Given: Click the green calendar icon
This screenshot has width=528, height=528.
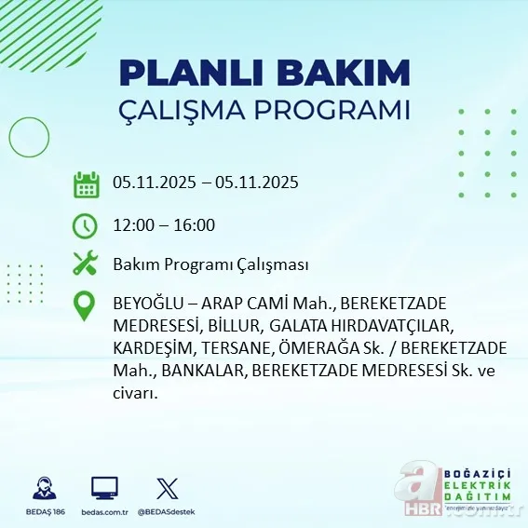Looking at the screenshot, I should [x=86, y=183].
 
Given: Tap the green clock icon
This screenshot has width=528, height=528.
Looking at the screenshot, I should [x=86, y=224].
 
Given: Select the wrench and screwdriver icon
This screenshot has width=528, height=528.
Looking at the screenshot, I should [x=86, y=264].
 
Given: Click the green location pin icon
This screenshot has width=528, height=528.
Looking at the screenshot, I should [x=86, y=306].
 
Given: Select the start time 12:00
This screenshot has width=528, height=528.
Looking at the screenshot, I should [x=132, y=224].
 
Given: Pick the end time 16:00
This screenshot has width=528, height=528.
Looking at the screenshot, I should [x=196, y=224].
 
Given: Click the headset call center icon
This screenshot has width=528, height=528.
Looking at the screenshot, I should [x=42, y=489].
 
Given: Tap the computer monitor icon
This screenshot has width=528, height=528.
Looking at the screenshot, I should [x=104, y=489].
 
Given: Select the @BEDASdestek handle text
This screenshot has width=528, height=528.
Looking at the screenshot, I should [x=168, y=512].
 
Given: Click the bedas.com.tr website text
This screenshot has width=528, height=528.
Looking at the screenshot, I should [x=104, y=512].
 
